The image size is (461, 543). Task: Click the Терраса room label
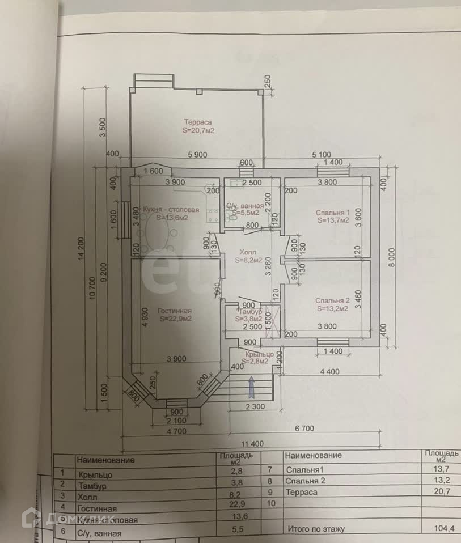[x=197, y=122]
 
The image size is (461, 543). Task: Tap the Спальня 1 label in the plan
[x=333, y=213]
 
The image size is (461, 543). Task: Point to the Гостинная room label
[x=175, y=311]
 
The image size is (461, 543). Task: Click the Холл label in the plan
[x=248, y=252]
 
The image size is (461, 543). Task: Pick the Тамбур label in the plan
[x=249, y=313]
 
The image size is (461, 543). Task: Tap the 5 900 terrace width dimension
[x=197, y=154]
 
